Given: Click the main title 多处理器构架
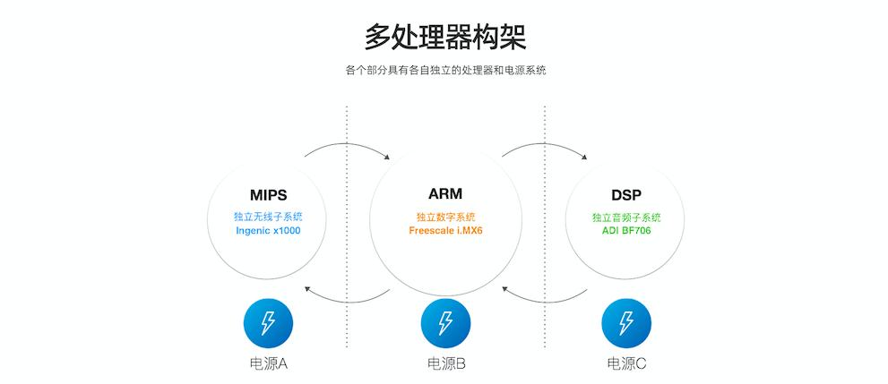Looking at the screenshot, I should (x=444, y=38).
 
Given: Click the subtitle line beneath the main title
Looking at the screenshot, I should (x=444, y=70).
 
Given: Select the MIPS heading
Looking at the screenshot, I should (x=268, y=194).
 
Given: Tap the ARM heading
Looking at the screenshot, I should (x=445, y=193).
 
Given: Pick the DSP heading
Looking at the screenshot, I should (x=625, y=194).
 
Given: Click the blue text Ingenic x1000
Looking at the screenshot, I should (x=268, y=230).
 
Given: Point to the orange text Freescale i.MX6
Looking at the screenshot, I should (x=445, y=230).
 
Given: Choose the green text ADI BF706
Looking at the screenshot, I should (x=625, y=230).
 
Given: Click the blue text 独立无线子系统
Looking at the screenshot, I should (x=268, y=217).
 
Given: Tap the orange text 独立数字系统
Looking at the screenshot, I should (x=445, y=217).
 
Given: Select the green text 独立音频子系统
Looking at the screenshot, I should (x=625, y=217).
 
